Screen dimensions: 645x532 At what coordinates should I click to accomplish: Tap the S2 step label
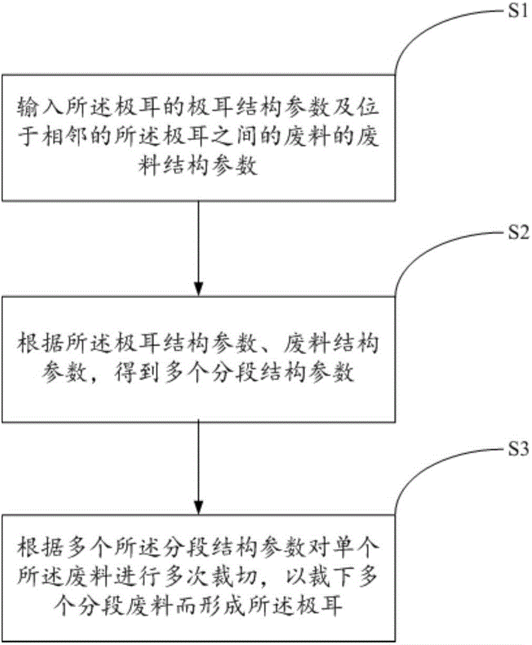[x=516, y=233]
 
